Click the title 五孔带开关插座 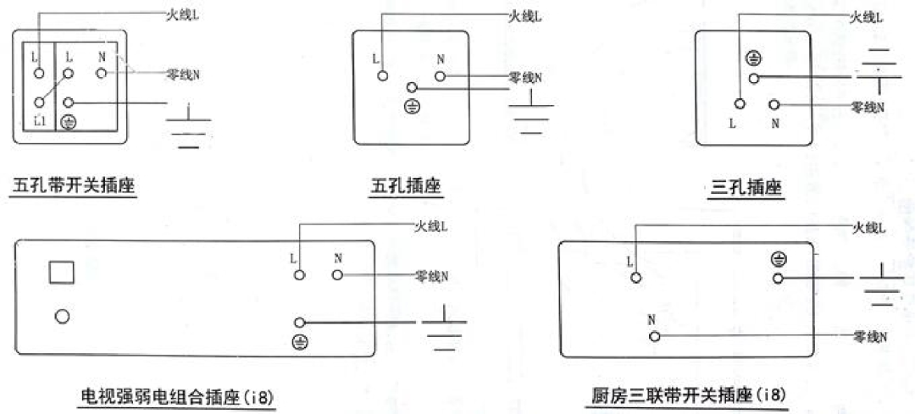(74, 185)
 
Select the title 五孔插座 (406, 185)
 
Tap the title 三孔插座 (746, 187)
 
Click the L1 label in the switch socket (39, 121)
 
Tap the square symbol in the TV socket (62, 273)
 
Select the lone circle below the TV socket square (62, 316)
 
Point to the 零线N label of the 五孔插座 (525, 78)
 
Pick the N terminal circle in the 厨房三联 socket (654, 336)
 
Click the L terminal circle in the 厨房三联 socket (636, 277)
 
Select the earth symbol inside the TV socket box (299, 341)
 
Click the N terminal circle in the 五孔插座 (440, 77)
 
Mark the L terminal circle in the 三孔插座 (740, 104)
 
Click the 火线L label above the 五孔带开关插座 (184, 15)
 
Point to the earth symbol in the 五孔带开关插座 (69, 122)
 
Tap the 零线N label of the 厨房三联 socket (870, 336)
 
